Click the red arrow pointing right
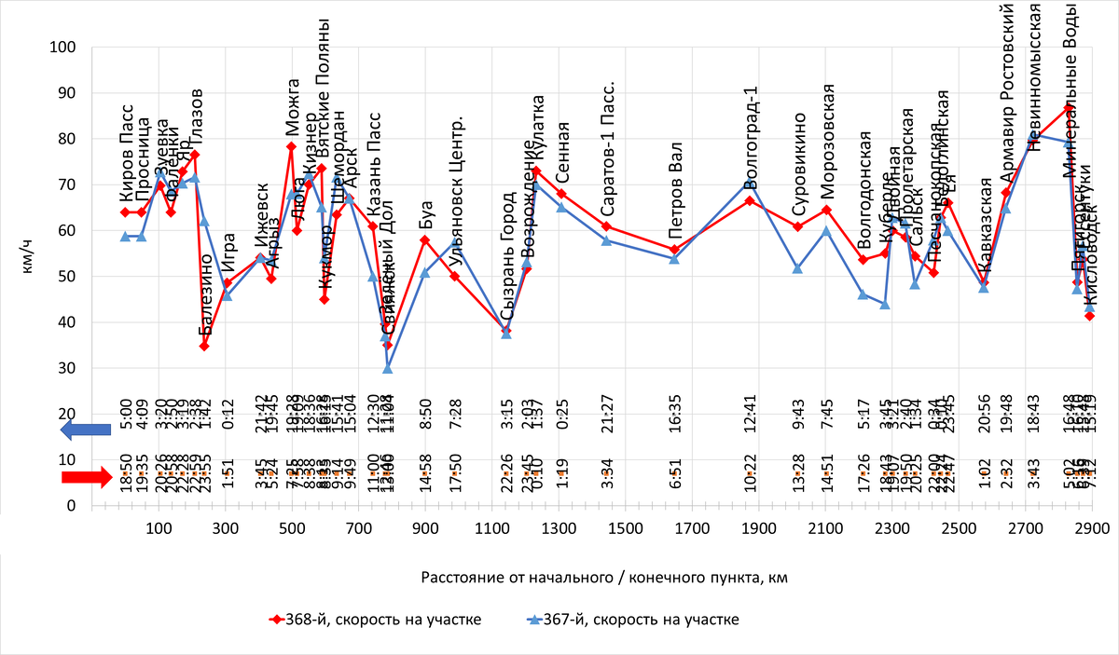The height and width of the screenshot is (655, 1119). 86,477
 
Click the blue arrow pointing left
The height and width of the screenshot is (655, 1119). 85,430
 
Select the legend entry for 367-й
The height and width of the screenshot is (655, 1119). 620,621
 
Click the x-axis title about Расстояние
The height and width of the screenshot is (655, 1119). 604,578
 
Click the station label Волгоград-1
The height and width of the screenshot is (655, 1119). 752,130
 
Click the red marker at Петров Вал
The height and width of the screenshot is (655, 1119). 674,249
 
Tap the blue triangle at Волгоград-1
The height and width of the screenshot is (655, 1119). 751,183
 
